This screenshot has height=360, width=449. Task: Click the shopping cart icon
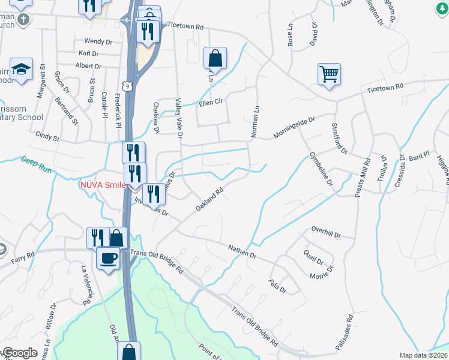329,74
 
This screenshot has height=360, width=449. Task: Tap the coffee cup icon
108,258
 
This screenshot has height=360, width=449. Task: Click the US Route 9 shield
130,86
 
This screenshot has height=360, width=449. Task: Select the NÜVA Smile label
103,185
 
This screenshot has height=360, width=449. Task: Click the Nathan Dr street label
243,251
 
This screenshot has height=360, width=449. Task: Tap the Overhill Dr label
326,232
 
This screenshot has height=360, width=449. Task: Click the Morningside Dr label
294,128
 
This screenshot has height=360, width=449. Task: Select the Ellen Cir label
211,103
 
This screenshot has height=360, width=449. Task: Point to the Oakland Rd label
209,199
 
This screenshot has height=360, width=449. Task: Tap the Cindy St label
47,137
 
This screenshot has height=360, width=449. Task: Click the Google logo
20,353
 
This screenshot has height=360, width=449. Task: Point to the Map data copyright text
424,355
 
